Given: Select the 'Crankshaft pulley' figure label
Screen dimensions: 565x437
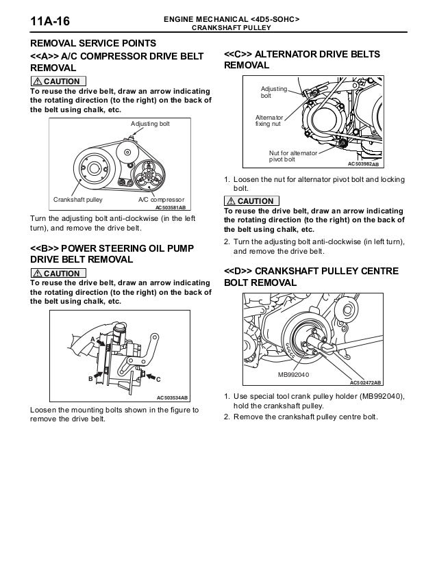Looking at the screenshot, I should (x=77, y=199).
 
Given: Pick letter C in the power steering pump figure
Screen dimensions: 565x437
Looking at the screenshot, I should (x=158, y=378).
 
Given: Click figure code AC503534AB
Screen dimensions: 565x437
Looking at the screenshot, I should (x=172, y=397).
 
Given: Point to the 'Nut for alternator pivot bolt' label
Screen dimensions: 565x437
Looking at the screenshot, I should (x=292, y=156).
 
